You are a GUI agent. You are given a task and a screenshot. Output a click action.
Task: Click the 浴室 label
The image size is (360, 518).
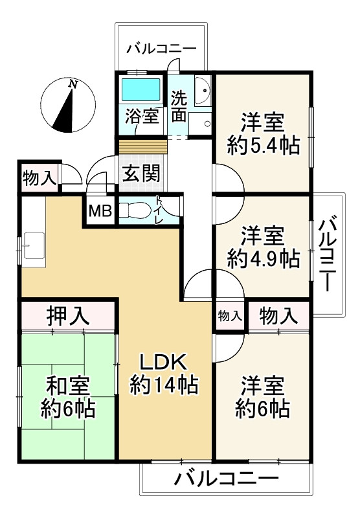[x=142, y=117]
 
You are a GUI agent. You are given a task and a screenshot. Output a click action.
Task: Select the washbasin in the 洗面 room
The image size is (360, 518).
[x=202, y=92]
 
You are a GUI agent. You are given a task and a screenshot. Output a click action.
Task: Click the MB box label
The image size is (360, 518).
[x=100, y=211]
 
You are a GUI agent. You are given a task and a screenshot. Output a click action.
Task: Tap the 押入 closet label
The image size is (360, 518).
[x=67, y=317]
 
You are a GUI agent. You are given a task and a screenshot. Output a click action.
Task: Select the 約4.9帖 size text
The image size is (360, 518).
[x=263, y=258]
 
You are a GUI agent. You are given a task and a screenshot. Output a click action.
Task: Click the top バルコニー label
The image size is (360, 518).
[x=161, y=47]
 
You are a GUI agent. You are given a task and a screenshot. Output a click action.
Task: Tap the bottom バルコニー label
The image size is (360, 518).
[x=226, y=480]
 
